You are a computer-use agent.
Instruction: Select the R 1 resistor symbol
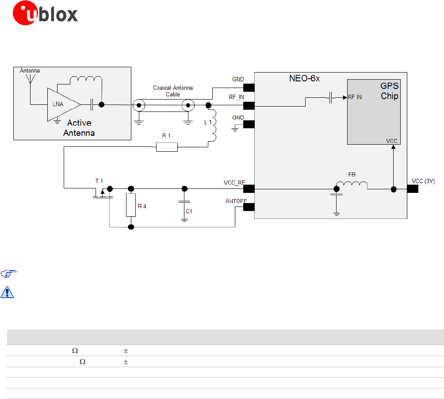tap(167, 147)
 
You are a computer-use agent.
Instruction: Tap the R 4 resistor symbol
tap(130, 205)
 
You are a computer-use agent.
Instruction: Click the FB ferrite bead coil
tap(352, 185)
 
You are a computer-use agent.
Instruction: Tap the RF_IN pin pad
tap(248, 105)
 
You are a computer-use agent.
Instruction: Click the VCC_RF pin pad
tap(248, 189)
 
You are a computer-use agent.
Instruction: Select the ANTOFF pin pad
tap(248, 207)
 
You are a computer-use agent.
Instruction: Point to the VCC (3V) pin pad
tap(413, 189)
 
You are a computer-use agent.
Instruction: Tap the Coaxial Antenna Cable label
tap(173, 91)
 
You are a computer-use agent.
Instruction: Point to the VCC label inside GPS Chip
tap(392, 141)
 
